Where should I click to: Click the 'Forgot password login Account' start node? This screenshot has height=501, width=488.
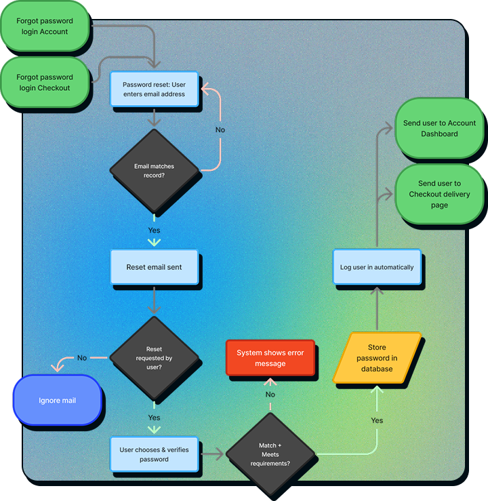[x=44, y=26]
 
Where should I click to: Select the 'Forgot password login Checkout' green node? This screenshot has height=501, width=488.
[x=44, y=82]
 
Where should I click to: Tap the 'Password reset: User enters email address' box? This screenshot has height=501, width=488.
[x=154, y=89]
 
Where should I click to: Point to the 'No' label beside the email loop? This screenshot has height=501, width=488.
[x=220, y=129]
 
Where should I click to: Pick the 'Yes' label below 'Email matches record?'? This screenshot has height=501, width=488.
[x=154, y=231]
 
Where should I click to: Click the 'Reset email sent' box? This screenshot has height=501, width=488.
[x=154, y=267]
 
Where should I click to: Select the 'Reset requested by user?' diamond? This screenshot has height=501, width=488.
[x=154, y=358]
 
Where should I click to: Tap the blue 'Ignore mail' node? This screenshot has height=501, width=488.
[x=57, y=401]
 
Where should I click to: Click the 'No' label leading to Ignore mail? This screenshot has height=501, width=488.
[x=82, y=358]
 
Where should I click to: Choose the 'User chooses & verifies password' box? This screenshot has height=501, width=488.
[x=154, y=454]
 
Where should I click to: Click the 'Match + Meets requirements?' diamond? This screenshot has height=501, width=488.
[x=270, y=454]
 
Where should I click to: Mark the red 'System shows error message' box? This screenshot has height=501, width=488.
[x=270, y=358]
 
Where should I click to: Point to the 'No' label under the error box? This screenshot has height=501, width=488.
[x=270, y=395]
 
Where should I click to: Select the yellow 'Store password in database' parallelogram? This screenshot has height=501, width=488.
[x=377, y=358]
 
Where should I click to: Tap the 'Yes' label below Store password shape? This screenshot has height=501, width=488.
[x=377, y=420]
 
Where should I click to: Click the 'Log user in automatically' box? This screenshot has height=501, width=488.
[x=377, y=267]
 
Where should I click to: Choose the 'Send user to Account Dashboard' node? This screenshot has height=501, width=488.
[x=439, y=128]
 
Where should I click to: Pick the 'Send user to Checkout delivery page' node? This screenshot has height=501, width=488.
[x=439, y=194]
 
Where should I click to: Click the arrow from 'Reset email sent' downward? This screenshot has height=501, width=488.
[x=154, y=299]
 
